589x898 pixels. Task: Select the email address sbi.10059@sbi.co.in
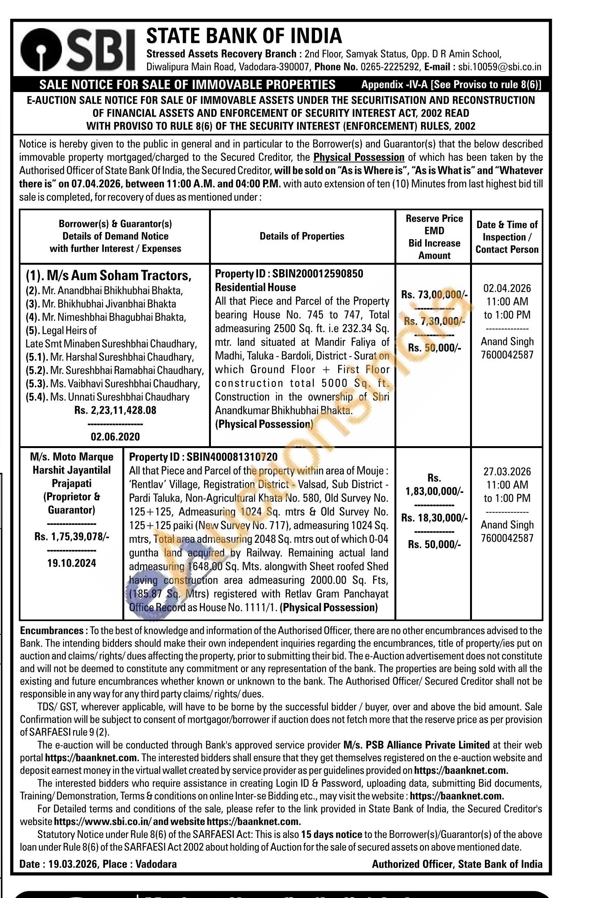coord(499,67)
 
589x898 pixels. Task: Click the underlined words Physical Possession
coord(359,157)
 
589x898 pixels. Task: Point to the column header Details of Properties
coord(302,236)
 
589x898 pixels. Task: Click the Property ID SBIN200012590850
coord(289,274)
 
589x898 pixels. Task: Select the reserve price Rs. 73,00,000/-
coord(434,295)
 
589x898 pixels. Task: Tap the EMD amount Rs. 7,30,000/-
coord(434,321)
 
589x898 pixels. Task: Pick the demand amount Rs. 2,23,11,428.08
coord(115,410)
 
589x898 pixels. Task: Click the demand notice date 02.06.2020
coord(115,437)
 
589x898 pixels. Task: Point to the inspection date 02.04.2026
coord(507,288)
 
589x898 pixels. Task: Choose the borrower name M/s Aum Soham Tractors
coord(109,275)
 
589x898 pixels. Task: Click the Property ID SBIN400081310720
coord(203,457)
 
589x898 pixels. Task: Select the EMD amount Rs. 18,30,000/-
coord(434,518)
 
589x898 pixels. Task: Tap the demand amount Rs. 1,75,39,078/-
coord(72,536)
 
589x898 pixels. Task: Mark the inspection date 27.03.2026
coord(507,472)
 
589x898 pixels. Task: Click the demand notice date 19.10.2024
coord(72,563)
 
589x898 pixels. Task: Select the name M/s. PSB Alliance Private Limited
coord(416,745)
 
